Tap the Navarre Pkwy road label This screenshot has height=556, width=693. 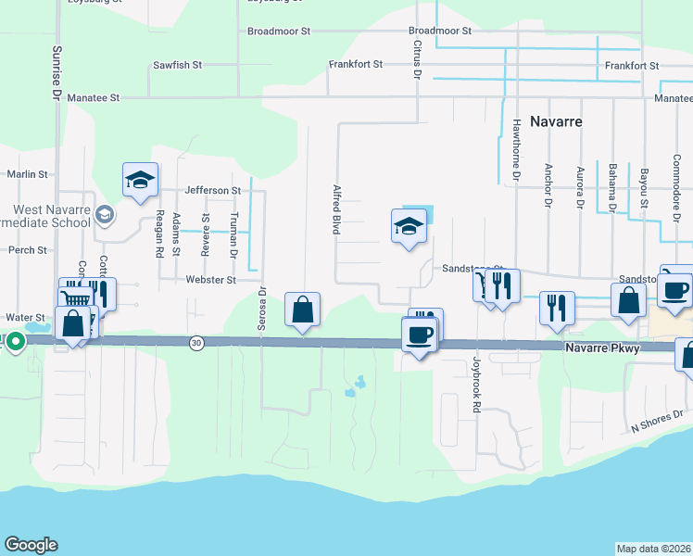[603, 346]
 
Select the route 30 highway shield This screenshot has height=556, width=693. [196, 343]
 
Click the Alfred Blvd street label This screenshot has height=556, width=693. [336, 209]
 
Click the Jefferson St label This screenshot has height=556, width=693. [212, 190]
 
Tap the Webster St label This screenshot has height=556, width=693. [212, 279]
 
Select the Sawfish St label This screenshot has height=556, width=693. [177, 66]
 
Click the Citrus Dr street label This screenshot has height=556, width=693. [417, 58]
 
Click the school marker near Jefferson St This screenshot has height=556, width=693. [140, 180]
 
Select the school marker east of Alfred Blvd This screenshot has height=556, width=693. [409, 227]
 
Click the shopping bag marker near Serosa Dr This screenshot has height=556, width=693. [303, 310]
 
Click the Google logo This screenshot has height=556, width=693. [31, 545]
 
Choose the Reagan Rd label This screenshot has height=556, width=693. [159, 233]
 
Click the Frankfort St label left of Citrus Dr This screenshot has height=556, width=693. [356, 64]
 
